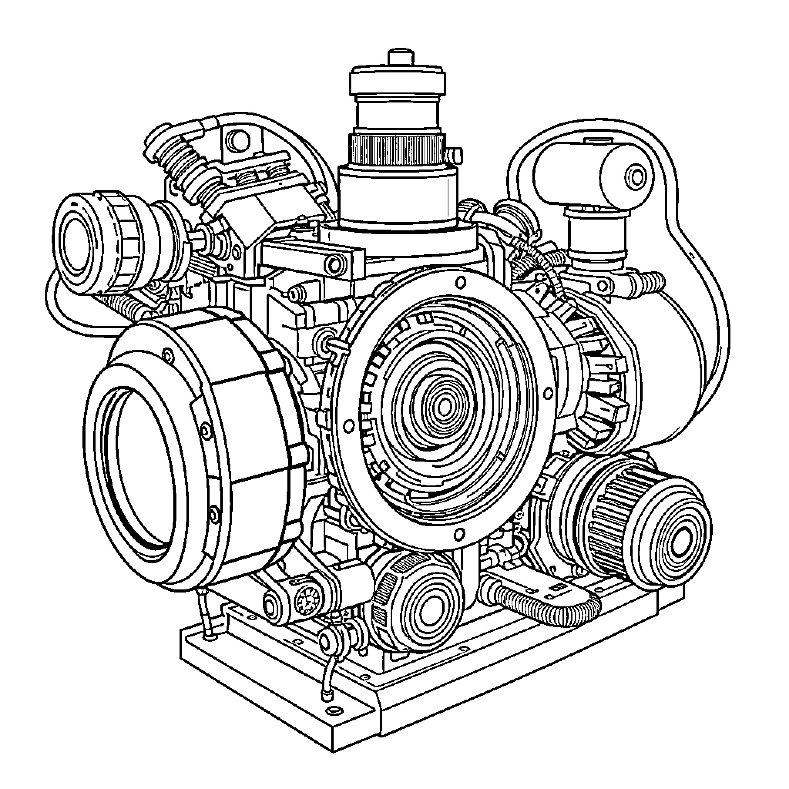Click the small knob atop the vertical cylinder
coord(400,57)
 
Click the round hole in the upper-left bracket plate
coord(237,140)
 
